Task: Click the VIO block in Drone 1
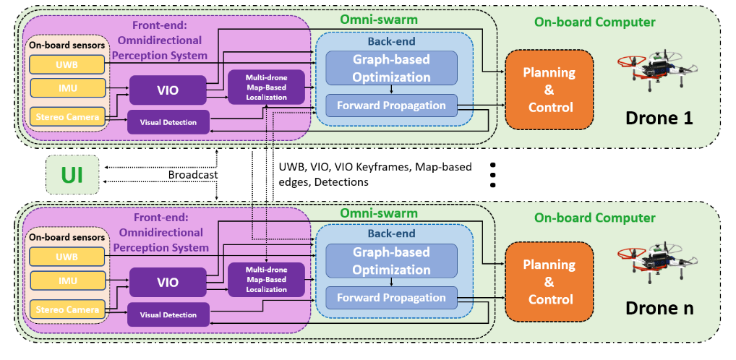[168, 90]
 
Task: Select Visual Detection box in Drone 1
[168, 122]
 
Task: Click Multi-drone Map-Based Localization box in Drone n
[266, 278]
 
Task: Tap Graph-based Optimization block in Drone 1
[391, 67]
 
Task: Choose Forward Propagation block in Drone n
[391, 297]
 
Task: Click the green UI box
[72, 174]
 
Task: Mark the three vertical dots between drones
[493, 173]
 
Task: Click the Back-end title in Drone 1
[391, 41]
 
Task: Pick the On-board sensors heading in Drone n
[67, 237]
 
